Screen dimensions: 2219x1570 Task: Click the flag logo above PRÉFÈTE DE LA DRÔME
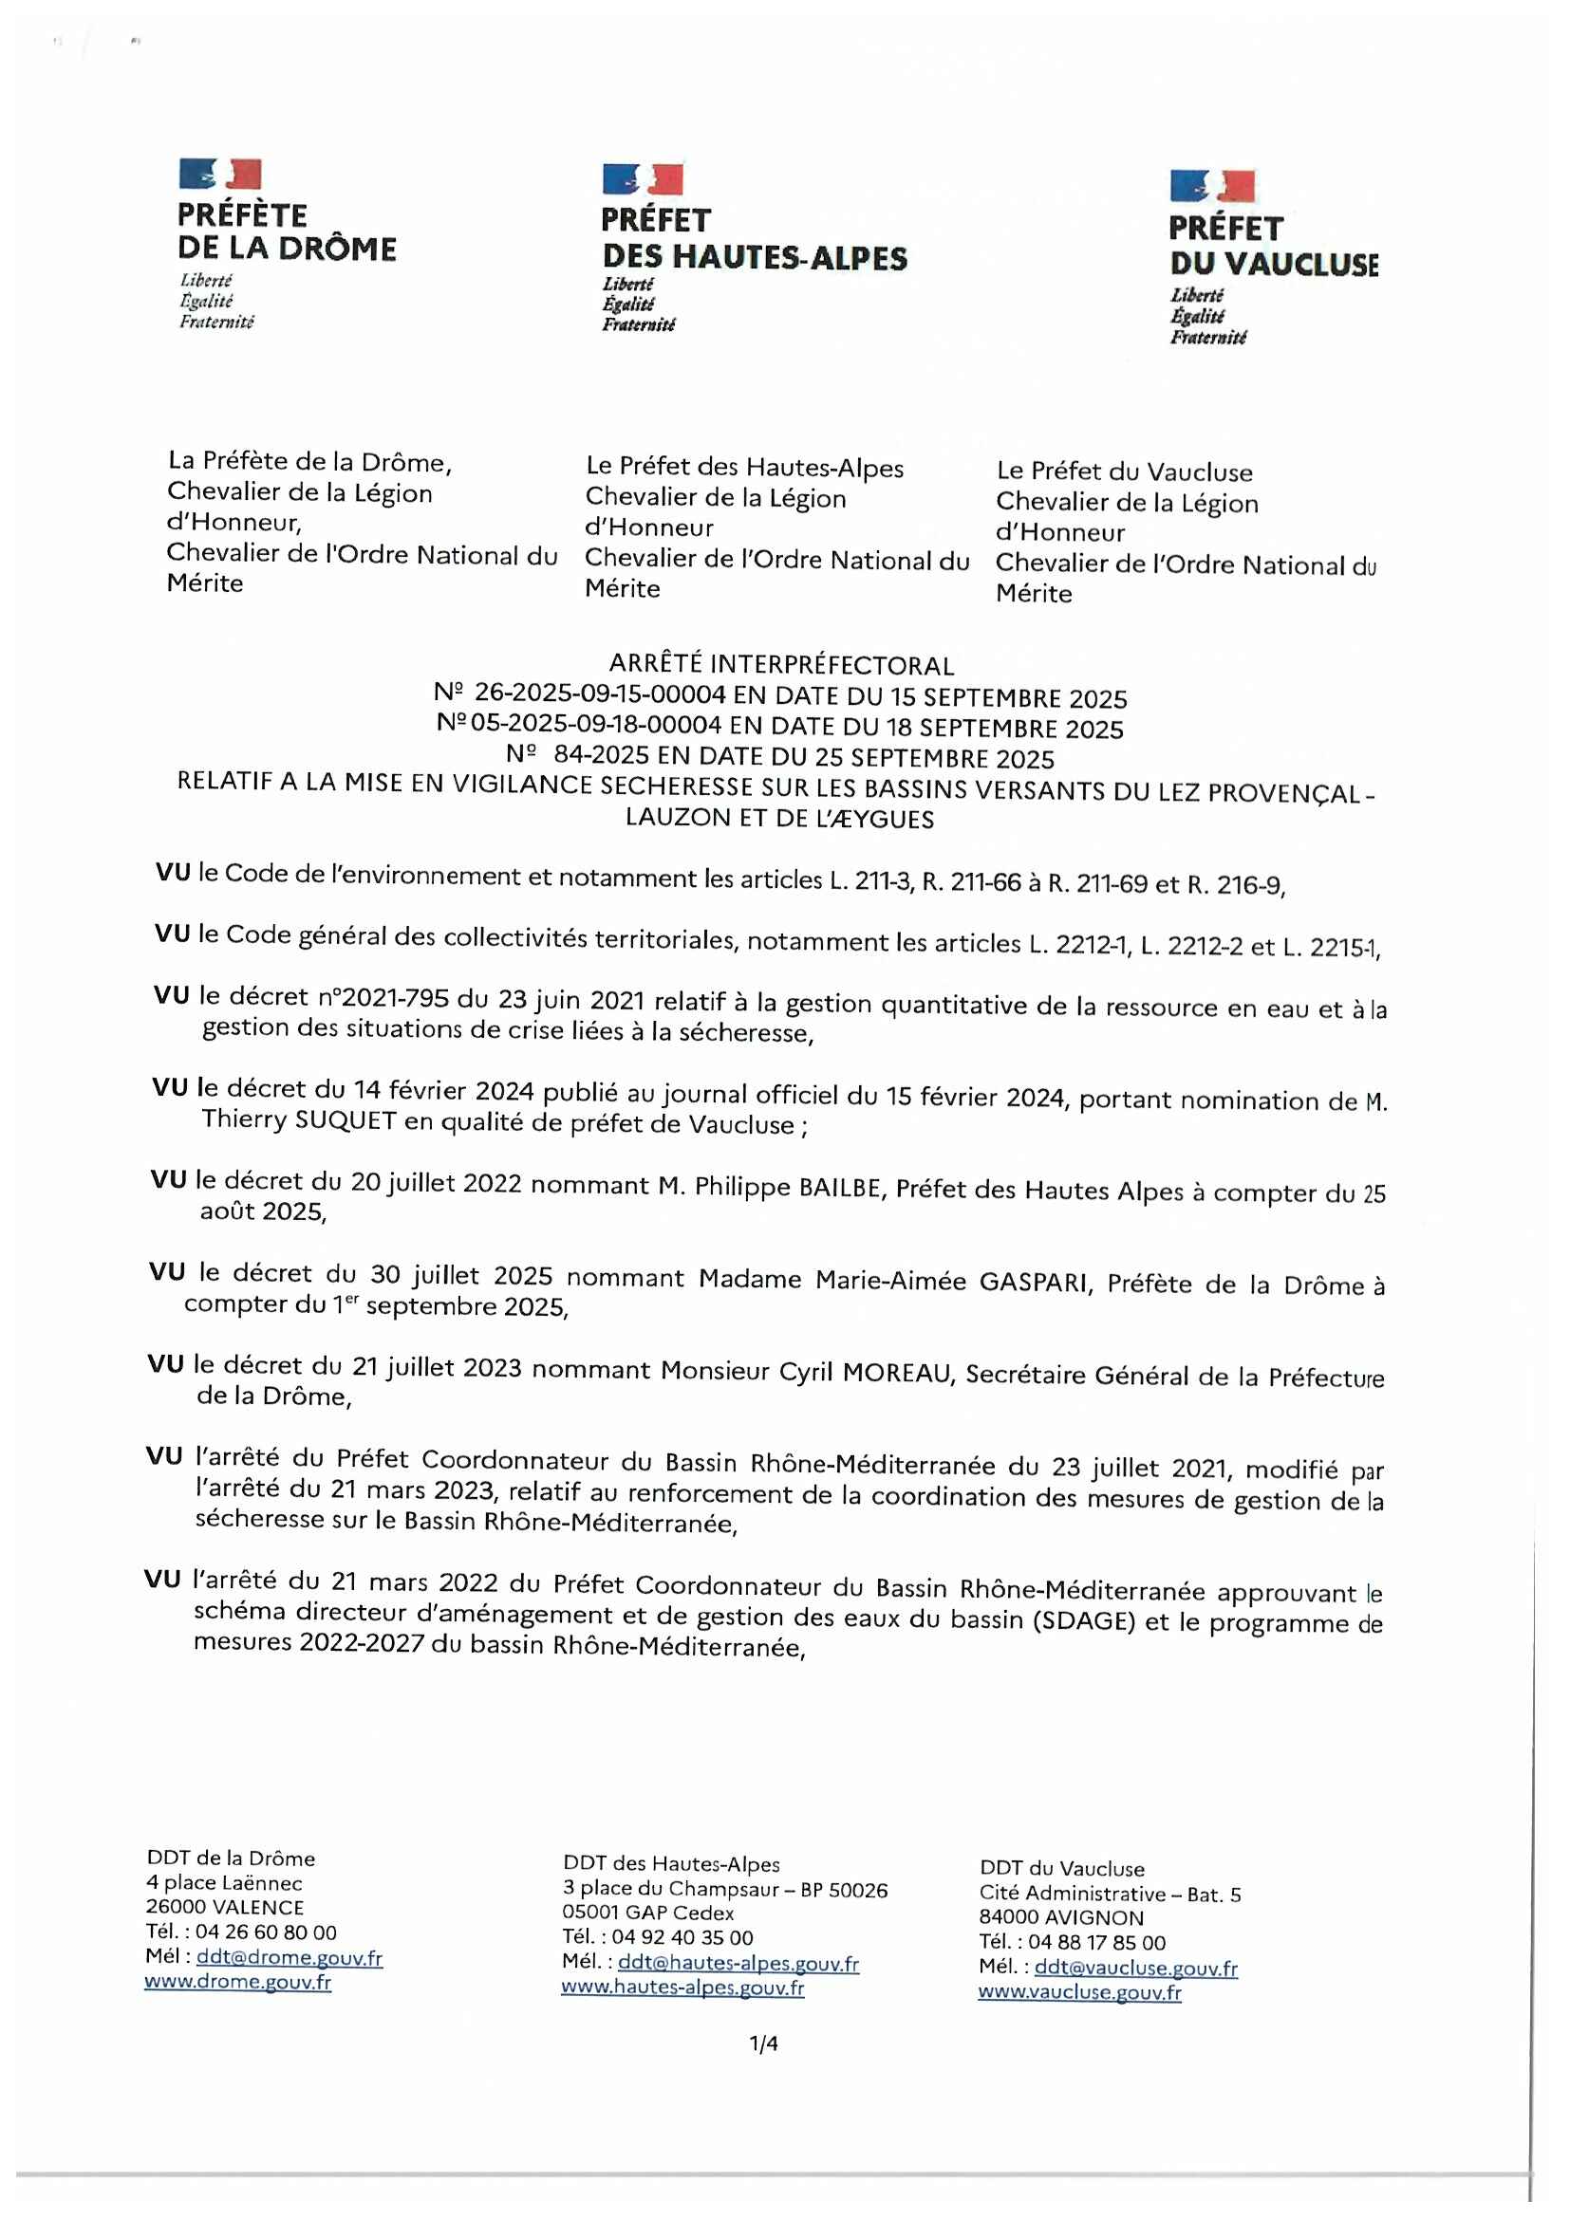pos(220,174)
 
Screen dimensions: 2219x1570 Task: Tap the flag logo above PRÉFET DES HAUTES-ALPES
pos(643,178)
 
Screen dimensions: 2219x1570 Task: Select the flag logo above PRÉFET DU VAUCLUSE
pos(1212,186)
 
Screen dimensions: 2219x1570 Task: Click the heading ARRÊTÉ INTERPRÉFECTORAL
pos(781,665)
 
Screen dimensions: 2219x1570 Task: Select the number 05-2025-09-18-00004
pos(596,724)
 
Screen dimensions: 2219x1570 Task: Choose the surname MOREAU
pos(896,1373)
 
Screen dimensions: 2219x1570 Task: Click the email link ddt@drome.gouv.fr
pos(290,1957)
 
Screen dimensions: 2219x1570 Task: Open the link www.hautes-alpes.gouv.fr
pos(682,1988)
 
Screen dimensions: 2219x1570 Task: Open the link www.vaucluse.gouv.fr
pos(1079,1992)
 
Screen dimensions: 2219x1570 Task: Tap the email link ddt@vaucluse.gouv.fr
pos(1136,1967)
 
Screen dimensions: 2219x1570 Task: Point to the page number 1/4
pos(764,2043)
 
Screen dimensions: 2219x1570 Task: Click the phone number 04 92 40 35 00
pos(682,1937)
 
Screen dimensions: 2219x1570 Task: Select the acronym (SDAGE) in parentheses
pos(1083,1618)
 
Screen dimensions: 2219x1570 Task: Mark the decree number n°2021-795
pos(383,997)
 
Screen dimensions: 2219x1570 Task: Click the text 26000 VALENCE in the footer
pos(225,1908)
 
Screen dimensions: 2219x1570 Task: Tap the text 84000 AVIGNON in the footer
pos(1061,1917)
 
